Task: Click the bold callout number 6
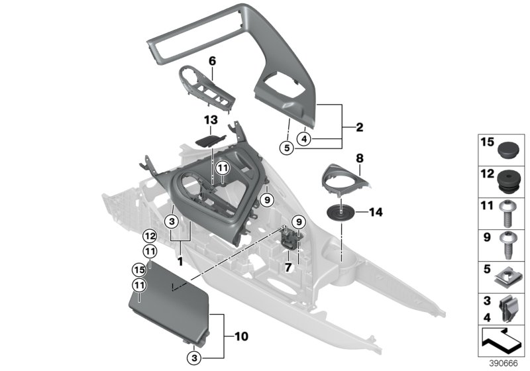click(x=212, y=61)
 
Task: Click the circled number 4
click(x=303, y=139)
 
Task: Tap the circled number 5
click(x=286, y=148)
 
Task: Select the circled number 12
click(x=150, y=235)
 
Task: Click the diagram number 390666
click(x=503, y=364)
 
